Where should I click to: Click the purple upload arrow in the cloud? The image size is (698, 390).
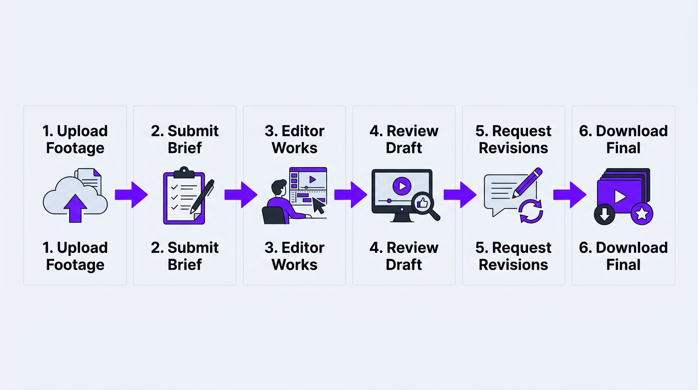pos(75,208)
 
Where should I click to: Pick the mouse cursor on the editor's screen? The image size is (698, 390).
pos(318,205)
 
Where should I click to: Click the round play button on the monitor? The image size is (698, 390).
pos(402,186)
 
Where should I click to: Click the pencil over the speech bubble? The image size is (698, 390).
pos(527,182)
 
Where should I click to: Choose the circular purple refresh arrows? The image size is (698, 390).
pos(531,211)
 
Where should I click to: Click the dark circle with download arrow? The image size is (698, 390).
pos(604,214)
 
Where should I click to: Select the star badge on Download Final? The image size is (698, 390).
pos(642,214)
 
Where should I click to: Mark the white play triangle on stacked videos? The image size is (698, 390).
pos(619,196)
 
